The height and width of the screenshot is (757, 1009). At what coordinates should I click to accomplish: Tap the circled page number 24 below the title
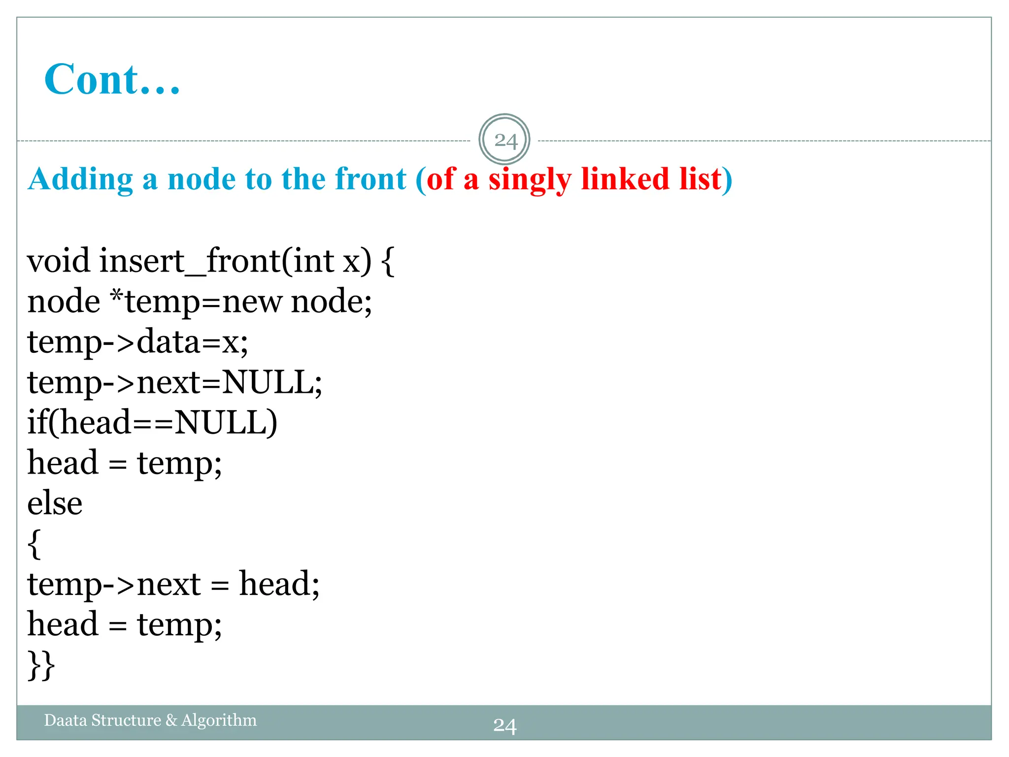(504, 140)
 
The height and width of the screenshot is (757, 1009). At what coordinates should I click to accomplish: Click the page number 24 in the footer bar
(504, 726)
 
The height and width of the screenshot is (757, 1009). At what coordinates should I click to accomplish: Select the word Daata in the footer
(66, 720)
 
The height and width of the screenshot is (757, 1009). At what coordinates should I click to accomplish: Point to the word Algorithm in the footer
(219, 720)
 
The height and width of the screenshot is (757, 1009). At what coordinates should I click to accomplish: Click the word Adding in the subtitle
(80, 179)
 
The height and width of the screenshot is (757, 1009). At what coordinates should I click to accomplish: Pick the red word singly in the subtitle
(529, 179)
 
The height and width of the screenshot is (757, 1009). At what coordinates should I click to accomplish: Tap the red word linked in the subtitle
(625, 179)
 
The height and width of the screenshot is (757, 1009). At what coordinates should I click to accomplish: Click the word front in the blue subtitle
(370, 179)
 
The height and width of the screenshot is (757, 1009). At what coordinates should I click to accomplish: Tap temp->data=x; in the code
(137, 342)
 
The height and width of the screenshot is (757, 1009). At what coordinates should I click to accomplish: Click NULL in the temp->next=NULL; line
(268, 382)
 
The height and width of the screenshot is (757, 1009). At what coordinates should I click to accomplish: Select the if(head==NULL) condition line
(152, 422)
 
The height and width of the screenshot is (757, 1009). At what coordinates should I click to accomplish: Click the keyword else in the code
(55, 503)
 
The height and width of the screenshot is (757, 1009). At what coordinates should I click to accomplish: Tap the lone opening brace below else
(34, 544)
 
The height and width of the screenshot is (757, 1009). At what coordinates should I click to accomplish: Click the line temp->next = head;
(173, 584)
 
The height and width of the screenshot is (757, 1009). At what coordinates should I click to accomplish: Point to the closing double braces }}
(41, 665)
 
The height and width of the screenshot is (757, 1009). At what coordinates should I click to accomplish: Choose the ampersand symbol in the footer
(171, 720)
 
